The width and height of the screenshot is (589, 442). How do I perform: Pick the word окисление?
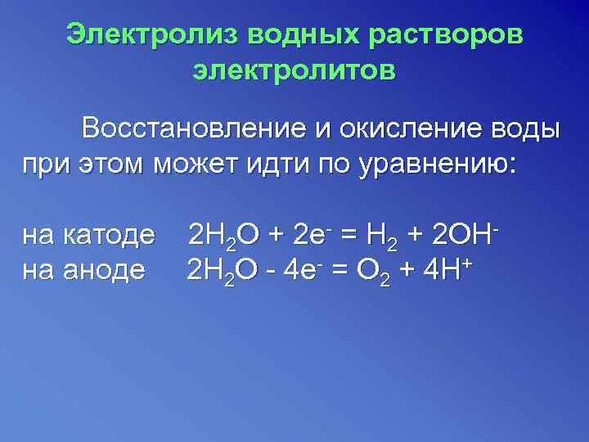tap(412, 129)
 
